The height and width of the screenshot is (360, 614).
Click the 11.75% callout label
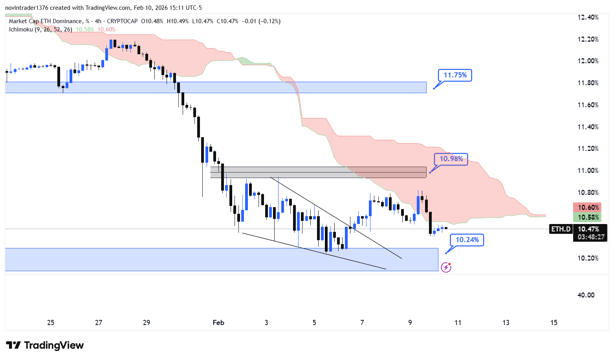tap(455, 75)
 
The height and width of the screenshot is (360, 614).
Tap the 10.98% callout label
tap(451, 159)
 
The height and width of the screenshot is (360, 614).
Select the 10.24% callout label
tap(467, 240)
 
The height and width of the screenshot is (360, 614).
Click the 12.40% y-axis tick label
tap(588, 17)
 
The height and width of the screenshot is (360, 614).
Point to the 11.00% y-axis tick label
tap(588, 171)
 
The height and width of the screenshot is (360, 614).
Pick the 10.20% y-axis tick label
tap(588, 258)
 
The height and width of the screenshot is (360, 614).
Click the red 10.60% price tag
tap(588, 208)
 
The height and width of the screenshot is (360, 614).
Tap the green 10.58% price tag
tap(588, 217)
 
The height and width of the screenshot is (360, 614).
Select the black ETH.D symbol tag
tap(561, 229)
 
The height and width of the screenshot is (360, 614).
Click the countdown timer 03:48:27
tap(591, 237)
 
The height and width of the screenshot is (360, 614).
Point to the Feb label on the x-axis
tap(218, 323)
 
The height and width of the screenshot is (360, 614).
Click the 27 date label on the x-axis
tap(99, 323)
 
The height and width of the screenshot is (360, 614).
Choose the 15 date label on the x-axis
tap(554, 323)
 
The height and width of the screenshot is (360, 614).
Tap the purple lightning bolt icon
tap(446, 268)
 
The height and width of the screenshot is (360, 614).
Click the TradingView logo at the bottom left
tap(45, 345)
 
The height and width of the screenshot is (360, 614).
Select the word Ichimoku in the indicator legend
tap(21, 29)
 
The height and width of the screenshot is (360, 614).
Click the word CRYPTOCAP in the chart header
tap(122, 21)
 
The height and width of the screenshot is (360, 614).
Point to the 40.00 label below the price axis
tap(586, 295)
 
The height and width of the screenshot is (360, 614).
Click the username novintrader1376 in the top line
tap(26, 8)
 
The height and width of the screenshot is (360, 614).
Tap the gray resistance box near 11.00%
tap(318, 172)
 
